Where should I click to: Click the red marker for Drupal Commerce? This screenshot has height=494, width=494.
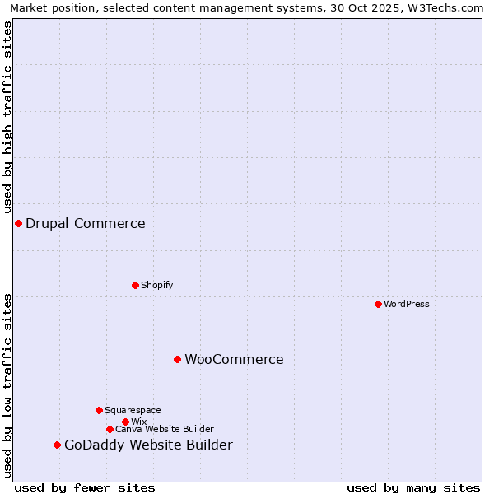point(18,223)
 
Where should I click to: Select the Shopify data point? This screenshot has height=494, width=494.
point(135,285)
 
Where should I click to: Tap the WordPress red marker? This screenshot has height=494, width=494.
point(378,304)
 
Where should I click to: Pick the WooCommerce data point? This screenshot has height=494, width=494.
point(177,359)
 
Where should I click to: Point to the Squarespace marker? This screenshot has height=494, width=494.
point(99,410)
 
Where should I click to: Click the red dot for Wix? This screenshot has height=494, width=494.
point(125,422)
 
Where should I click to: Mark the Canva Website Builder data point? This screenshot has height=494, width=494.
point(110,429)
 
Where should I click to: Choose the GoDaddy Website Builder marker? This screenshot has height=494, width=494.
point(57,445)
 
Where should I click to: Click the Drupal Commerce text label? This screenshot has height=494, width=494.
point(86,223)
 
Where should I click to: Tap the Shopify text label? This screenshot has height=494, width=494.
point(156,285)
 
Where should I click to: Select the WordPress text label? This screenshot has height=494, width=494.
point(406,304)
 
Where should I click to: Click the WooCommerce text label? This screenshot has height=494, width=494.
point(234,359)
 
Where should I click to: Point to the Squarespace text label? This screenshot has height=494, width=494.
point(133,410)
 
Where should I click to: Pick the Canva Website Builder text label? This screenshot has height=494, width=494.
point(165,429)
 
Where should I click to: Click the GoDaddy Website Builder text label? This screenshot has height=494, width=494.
point(148,445)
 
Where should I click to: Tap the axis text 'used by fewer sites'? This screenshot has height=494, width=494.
point(85,487)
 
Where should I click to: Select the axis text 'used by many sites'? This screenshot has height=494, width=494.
point(413,487)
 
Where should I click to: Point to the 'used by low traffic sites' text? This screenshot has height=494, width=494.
point(7,384)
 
